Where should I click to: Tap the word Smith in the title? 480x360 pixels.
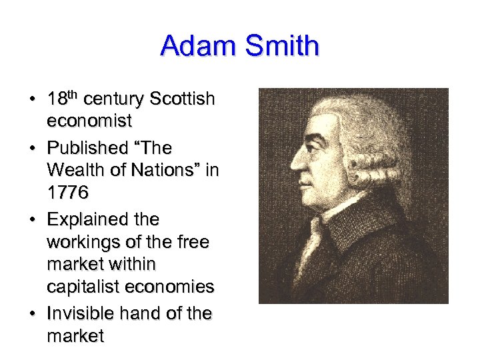point(283,46)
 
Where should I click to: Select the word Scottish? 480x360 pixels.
point(182,99)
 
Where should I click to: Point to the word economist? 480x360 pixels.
point(89,121)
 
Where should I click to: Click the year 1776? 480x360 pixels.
point(67,193)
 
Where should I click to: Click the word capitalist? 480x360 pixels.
point(83,287)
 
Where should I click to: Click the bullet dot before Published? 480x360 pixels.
point(31,148)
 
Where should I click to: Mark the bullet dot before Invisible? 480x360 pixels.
point(31,313)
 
